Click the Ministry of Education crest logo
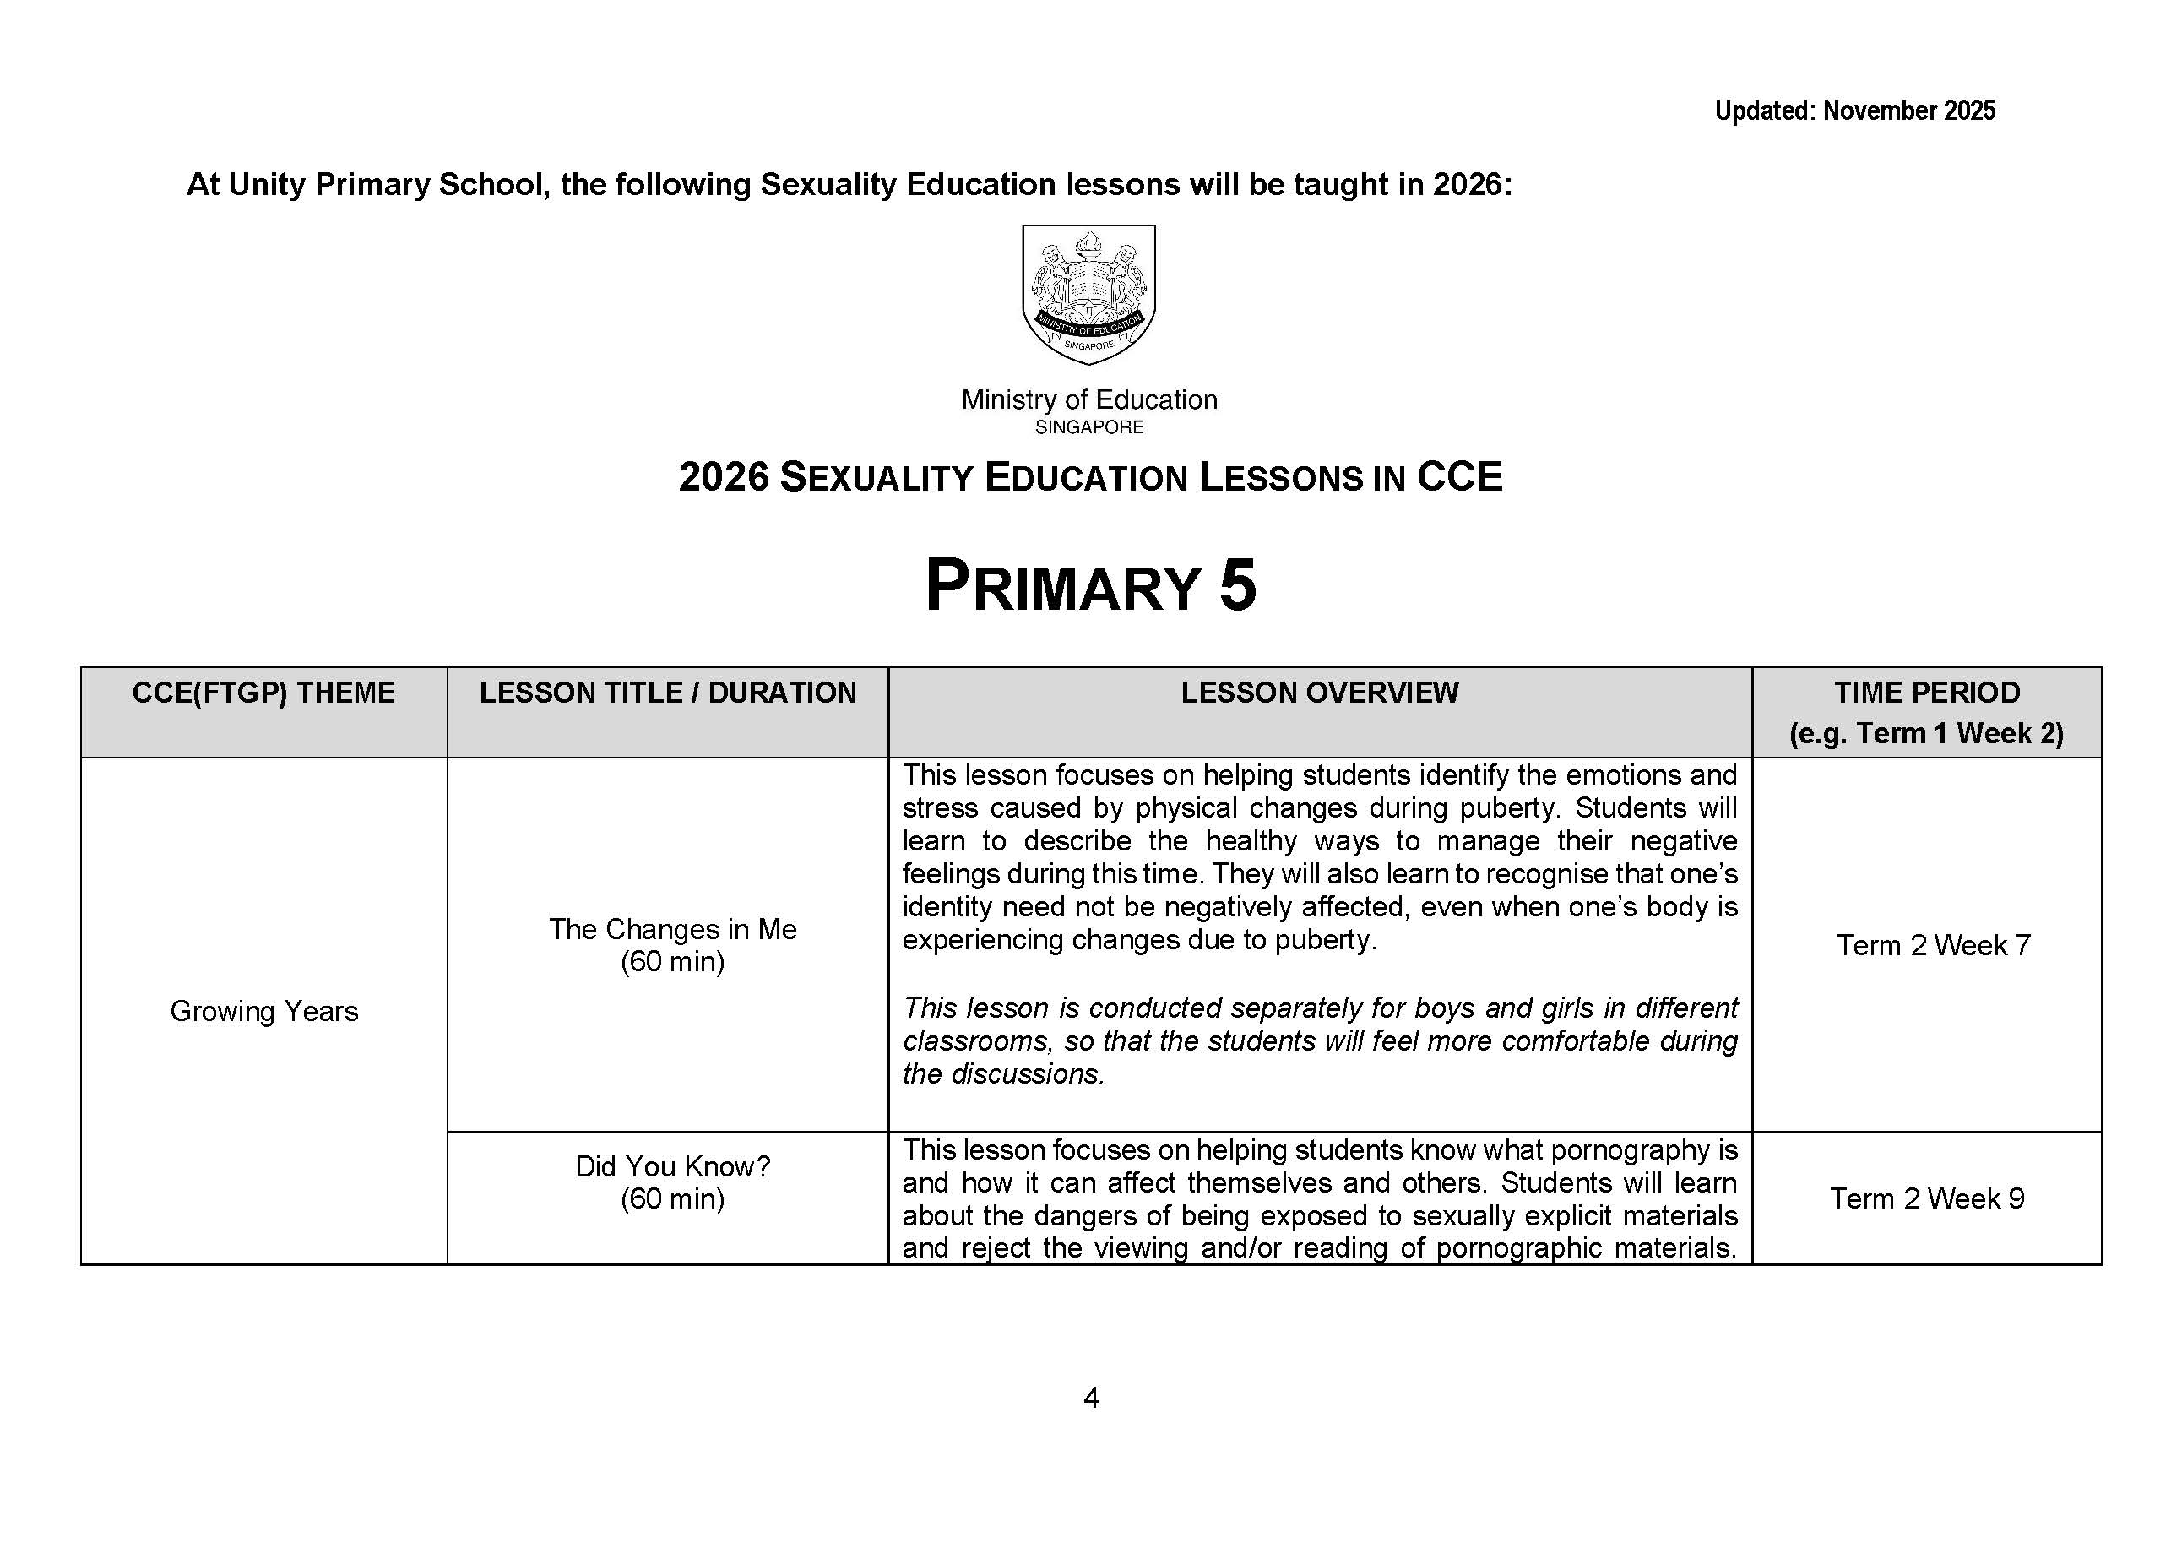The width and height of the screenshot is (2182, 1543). [x=1088, y=294]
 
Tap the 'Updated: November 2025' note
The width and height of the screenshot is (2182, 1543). [x=1854, y=111]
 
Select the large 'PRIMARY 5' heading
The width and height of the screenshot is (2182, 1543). [x=1090, y=585]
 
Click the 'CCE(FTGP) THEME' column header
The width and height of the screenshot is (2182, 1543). [x=263, y=693]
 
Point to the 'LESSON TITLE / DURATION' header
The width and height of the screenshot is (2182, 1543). [x=667, y=693]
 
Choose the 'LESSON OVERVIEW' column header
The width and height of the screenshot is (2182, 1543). [x=1319, y=693]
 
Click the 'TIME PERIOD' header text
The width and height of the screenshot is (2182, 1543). [x=1926, y=693]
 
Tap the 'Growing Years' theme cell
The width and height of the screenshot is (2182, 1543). [x=264, y=1011]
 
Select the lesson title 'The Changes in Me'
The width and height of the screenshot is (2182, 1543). [x=672, y=929]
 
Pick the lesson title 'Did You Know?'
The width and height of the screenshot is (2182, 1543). [x=672, y=1166]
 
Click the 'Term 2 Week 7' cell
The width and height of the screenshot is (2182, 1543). [x=1933, y=945]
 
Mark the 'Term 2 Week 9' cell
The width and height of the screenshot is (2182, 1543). [x=1926, y=1198]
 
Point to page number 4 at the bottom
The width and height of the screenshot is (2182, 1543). [x=1091, y=1398]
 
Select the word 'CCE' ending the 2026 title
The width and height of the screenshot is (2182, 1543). [x=1459, y=477]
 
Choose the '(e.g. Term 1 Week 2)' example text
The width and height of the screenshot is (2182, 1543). [x=1926, y=734]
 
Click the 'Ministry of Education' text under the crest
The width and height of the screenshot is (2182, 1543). [x=1089, y=399]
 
